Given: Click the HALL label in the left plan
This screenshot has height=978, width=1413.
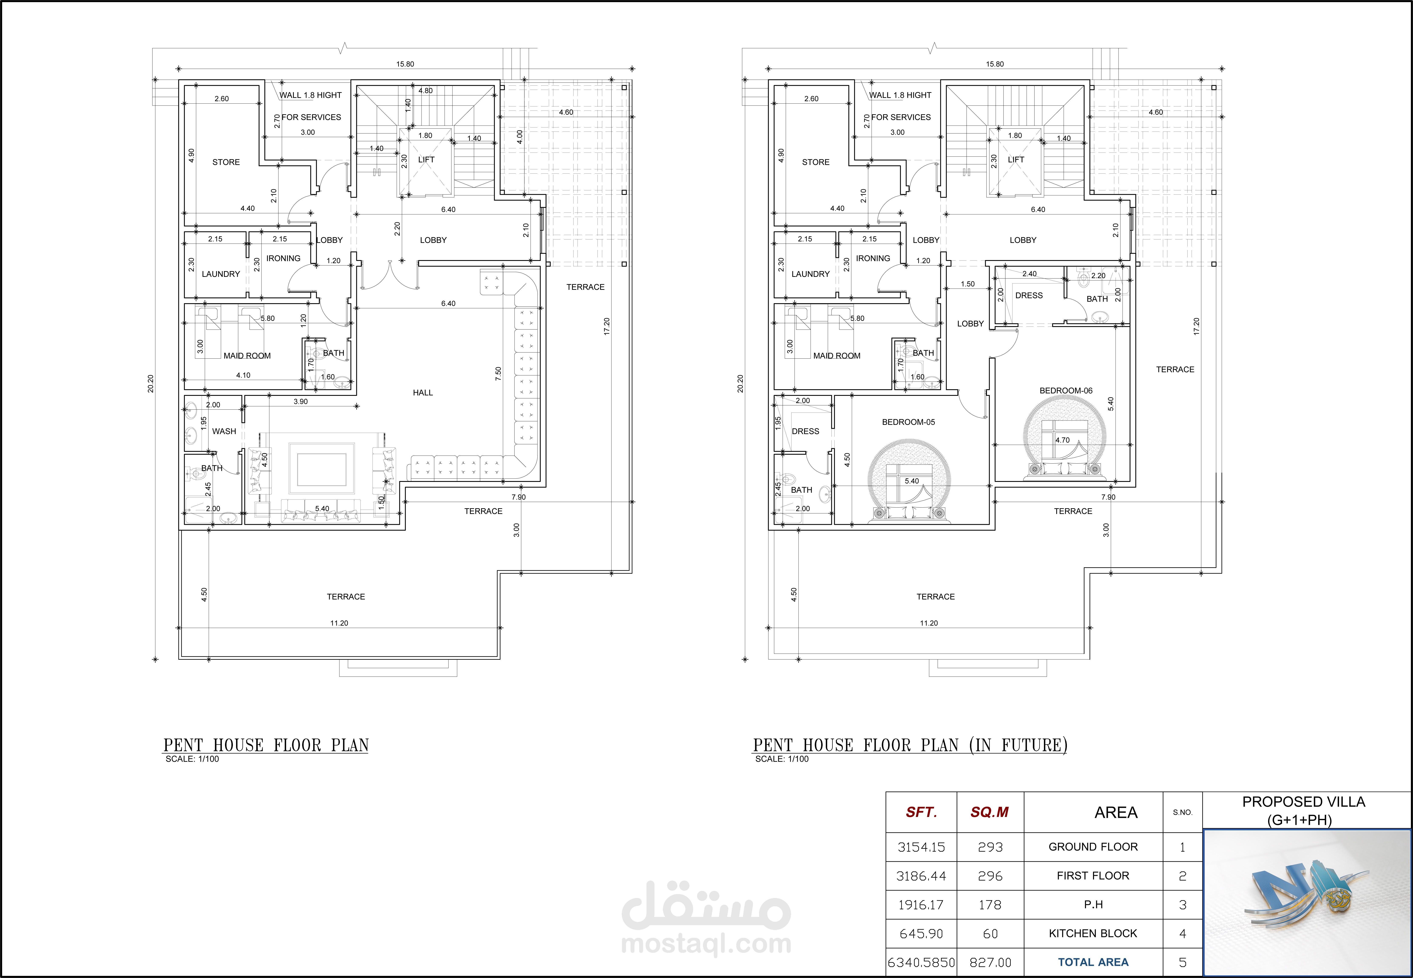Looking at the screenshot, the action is click(x=423, y=393).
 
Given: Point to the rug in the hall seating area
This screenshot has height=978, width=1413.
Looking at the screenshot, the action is click(x=322, y=469).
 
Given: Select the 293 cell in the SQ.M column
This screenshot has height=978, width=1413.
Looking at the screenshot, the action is click(x=990, y=847).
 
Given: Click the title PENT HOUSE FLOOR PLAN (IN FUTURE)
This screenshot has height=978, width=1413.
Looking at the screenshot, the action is click(x=910, y=745).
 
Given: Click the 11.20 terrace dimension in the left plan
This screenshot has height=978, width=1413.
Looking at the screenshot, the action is click(x=339, y=623).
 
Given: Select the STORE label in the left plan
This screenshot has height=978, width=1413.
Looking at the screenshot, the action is click(x=226, y=162).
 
